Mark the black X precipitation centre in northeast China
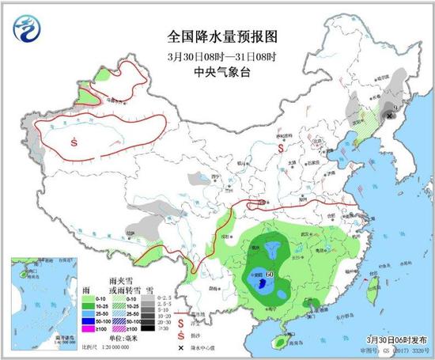click(388, 114)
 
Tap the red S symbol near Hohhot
click(278, 137)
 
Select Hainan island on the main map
click(278, 341)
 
